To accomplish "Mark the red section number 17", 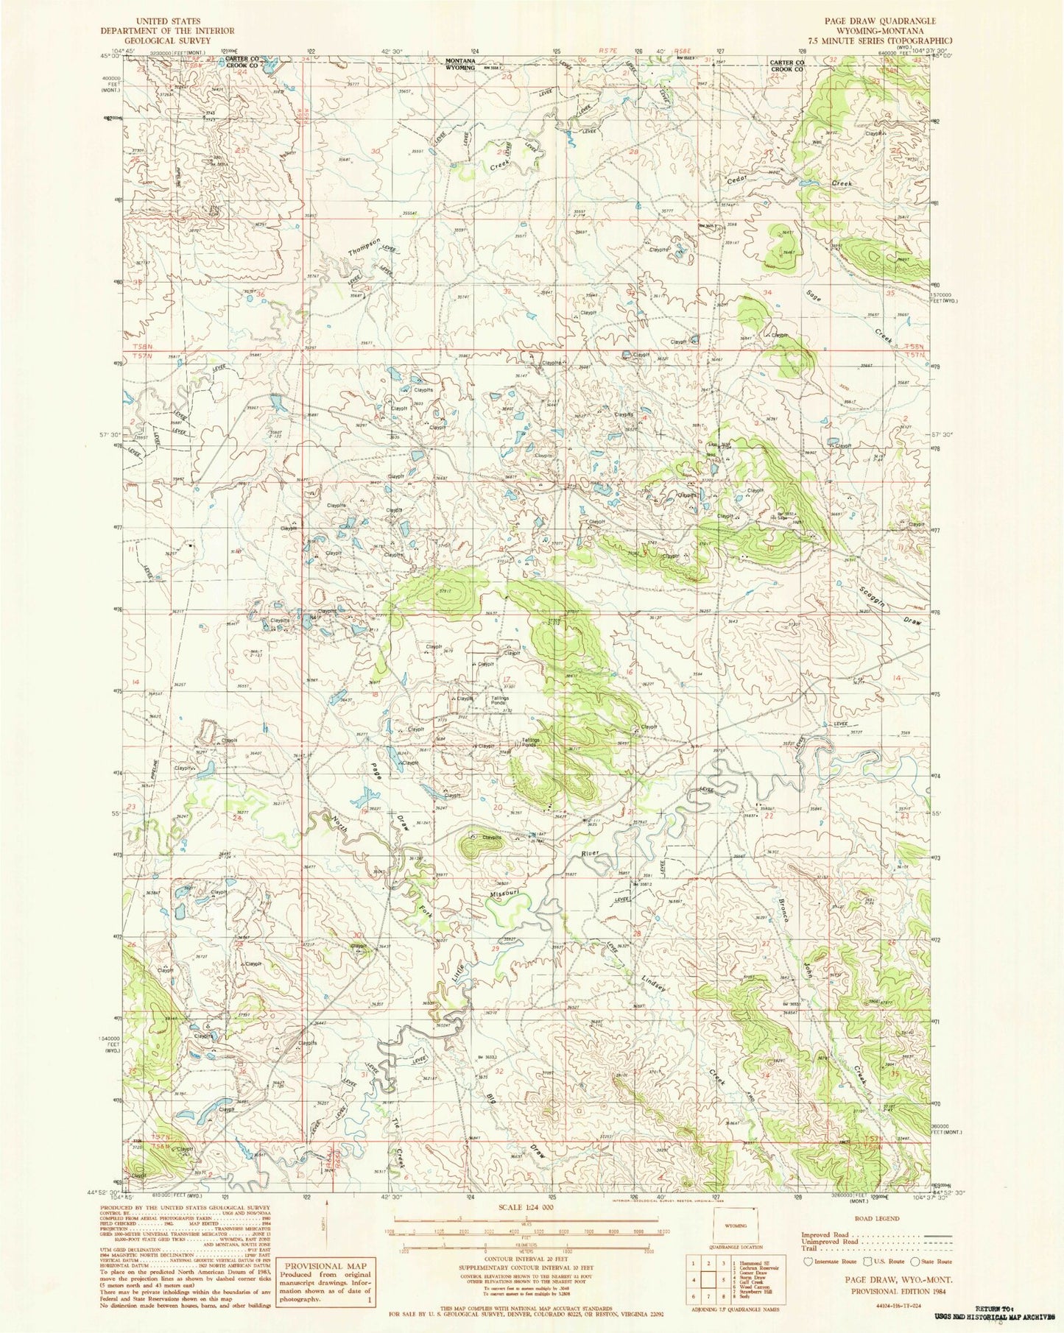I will click(x=506, y=679).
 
